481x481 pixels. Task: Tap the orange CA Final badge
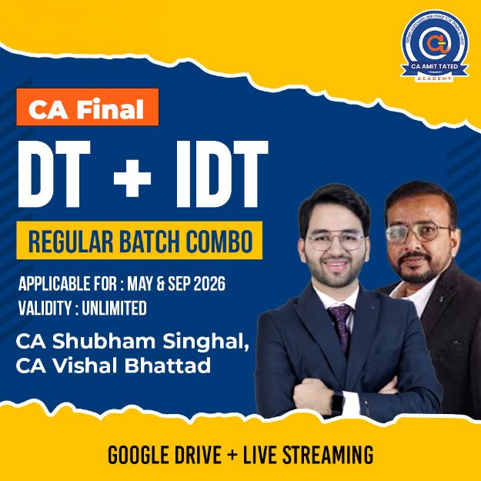click(x=86, y=109)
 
